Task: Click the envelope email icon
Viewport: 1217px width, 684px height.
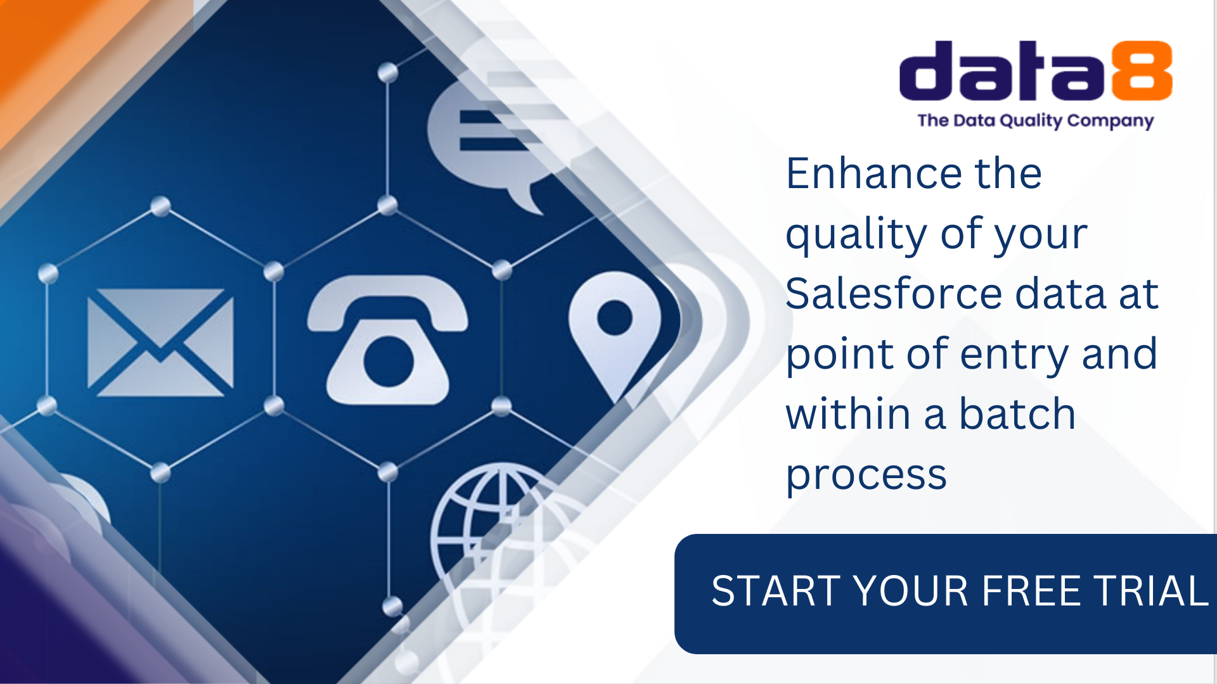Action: (160, 343)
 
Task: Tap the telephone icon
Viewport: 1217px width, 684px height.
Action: (388, 340)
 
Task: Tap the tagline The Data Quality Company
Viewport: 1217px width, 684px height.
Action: (1035, 120)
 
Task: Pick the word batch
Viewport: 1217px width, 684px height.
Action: (1017, 414)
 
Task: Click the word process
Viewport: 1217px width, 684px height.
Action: (866, 475)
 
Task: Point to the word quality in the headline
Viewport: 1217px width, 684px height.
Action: (856, 234)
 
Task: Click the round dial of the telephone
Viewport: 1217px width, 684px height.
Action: (388, 362)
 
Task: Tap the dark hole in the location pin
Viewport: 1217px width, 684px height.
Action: (614, 317)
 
